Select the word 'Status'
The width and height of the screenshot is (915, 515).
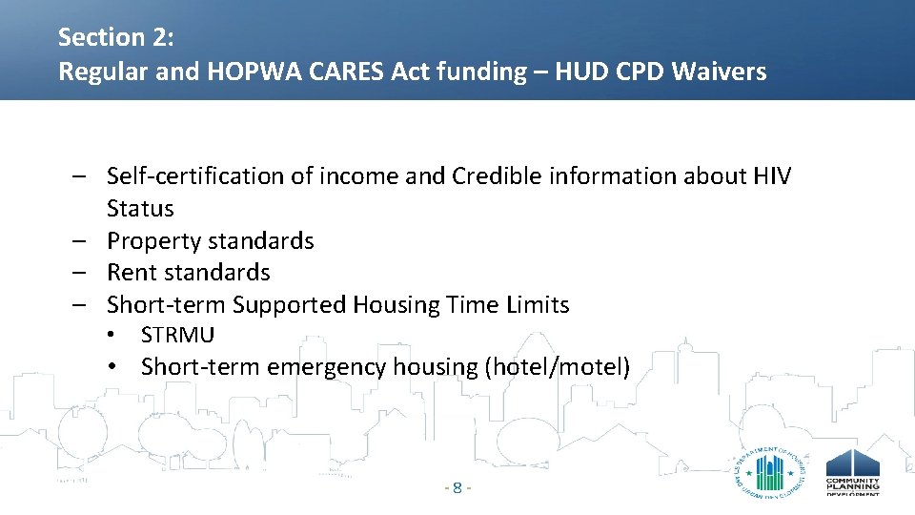140,209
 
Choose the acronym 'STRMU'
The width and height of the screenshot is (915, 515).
177,336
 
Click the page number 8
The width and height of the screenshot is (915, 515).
457,488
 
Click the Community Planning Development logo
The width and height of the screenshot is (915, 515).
852,471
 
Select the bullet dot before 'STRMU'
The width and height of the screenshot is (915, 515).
112,336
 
